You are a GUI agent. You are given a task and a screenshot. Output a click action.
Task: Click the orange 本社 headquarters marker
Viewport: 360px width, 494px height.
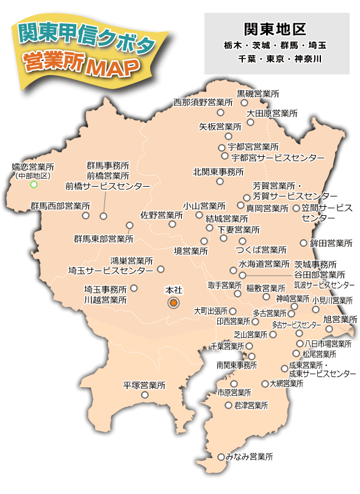click(173, 302)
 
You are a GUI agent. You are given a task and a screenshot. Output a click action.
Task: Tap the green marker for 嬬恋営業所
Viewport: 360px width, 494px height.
click(34, 184)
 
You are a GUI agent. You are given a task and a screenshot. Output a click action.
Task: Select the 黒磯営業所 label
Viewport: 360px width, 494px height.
click(258, 94)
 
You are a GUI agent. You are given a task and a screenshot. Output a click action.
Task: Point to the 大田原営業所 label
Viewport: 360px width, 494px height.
click(272, 113)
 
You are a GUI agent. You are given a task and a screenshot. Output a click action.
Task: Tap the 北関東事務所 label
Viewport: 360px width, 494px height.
click(218, 172)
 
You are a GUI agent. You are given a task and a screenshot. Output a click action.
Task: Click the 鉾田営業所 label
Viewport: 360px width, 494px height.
click(331, 243)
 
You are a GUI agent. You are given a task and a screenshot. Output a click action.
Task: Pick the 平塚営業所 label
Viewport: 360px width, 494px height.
click(145, 385)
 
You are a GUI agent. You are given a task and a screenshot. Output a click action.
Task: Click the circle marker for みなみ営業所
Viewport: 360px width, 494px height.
click(221, 456)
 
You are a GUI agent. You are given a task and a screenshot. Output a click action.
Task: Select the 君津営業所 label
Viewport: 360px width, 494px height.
click(247, 405)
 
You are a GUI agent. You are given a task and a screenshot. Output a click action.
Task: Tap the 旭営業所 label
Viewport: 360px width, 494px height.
click(340, 319)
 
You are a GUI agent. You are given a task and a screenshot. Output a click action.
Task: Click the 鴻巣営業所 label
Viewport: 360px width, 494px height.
click(131, 260)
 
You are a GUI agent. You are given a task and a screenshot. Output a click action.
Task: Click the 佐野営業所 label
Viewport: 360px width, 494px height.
click(161, 215)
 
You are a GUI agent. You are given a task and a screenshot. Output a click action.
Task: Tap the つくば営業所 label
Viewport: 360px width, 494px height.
click(261, 250)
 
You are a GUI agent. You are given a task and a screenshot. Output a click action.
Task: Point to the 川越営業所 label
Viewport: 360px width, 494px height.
click(106, 300)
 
